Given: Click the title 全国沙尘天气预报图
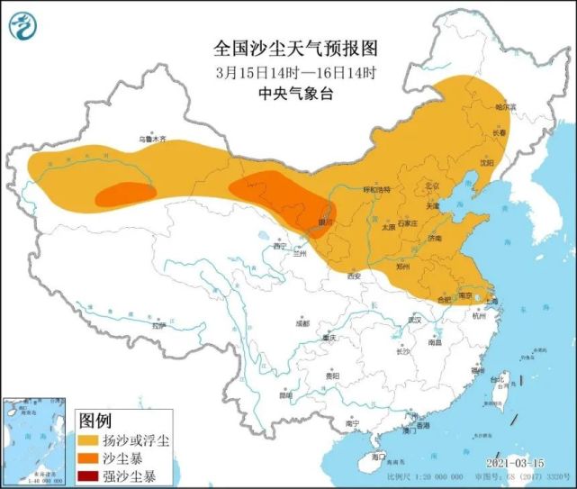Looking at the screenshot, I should point(282,48).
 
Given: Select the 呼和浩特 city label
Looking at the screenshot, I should point(376,190).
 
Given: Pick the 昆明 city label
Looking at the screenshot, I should point(285,394).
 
